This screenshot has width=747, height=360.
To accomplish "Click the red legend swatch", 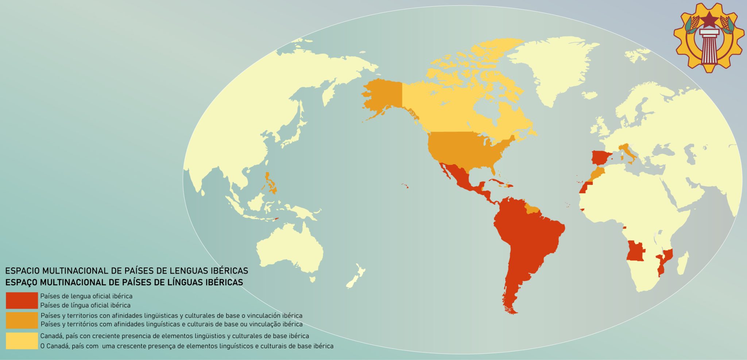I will coord(22,300).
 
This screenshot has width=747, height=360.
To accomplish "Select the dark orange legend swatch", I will coord(22,320).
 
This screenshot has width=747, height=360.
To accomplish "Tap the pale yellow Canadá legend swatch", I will coord(22,341).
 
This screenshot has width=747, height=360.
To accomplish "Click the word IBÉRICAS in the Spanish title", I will coord(229,271).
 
